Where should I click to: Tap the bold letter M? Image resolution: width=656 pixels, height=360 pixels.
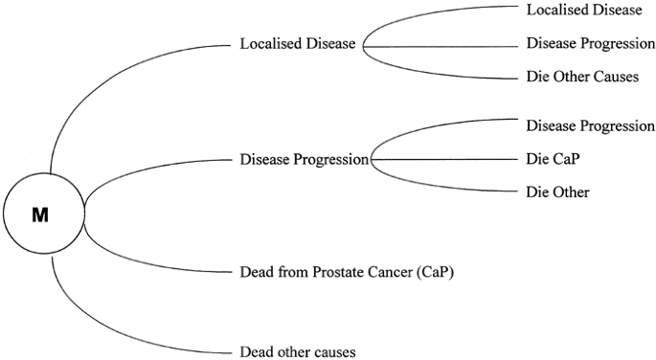coord(41,215)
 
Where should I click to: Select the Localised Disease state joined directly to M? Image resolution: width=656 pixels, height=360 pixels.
coord(298,44)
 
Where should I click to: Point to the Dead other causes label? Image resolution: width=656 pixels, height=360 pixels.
coord(297,351)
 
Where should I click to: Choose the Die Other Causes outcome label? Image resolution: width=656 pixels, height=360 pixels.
coord(582,77)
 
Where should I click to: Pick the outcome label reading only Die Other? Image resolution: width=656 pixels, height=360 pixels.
coord(557,192)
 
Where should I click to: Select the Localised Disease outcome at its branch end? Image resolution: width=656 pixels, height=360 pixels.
coord(584,10)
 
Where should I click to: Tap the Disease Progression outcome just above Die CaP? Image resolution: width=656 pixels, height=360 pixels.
coord(590,125)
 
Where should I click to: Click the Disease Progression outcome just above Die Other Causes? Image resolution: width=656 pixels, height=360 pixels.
coord(590,44)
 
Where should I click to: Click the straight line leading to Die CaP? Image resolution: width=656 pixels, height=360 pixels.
coord(450,159)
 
